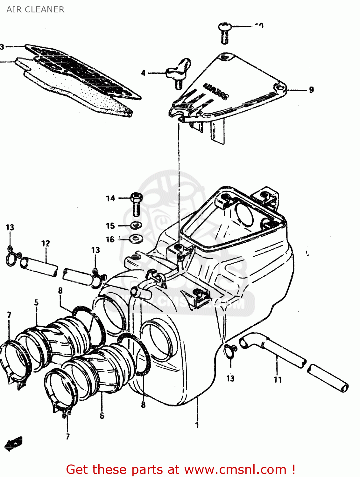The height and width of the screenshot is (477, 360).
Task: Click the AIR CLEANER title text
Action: point(35,10)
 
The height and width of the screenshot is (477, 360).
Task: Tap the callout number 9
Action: point(311,90)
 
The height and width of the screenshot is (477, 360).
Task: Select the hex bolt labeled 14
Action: point(136,204)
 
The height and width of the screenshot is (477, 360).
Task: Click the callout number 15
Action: point(110,226)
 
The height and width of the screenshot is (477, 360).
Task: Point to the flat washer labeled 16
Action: point(136,238)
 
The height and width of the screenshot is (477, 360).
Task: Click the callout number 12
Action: point(46,244)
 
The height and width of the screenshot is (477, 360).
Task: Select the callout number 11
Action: point(278,379)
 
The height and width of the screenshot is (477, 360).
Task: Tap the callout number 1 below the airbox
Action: point(197,425)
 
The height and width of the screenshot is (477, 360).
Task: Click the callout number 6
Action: point(102,416)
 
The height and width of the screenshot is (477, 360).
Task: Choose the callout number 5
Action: point(36,302)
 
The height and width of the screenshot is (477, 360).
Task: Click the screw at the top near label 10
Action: point(225,33)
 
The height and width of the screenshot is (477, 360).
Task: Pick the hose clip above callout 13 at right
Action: point(230,350)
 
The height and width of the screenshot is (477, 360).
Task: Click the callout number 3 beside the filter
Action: point(2,47)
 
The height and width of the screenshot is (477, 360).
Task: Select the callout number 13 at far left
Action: point(10,227)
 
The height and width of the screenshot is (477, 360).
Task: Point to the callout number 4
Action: point(143,73)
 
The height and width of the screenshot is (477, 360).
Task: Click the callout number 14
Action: point(110,198)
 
